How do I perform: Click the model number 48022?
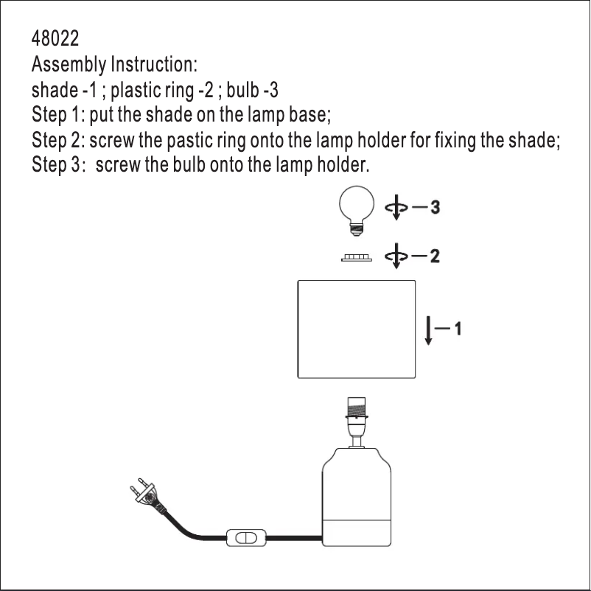pyautogui.click(x=55, y=38)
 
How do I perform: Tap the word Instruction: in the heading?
pyautogui.click(x=154, y=63)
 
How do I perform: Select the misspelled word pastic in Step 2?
pyautogui.click(x=189, y=140)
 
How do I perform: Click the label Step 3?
pyautogui.click(x=56, y=165)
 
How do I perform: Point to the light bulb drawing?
pyautogui.click(x=357, y=210)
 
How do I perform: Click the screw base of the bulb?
pyautogui.click(x=357, y=228)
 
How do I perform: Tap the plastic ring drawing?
pyautogui.click(x=357, y=258)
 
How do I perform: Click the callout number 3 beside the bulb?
pyautogui.click(x=435, y=207)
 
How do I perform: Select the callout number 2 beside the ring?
pyautogui.click(x=435, y=256)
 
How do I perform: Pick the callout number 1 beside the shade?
pyautogui.click(x=458, y=329)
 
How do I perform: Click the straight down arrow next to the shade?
pyautogui.click(x=428, y=331)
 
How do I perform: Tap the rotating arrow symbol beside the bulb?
pyautogui.click(x=396, y=207)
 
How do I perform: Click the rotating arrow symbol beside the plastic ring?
pyautogui.click(x=396, y=256)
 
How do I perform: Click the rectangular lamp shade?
pyautogui.click(x=357, y=329)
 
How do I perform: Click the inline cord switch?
pyautogui.click(x=246, y=538)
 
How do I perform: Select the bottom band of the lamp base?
pyautogui.click(x=357, y=533)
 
